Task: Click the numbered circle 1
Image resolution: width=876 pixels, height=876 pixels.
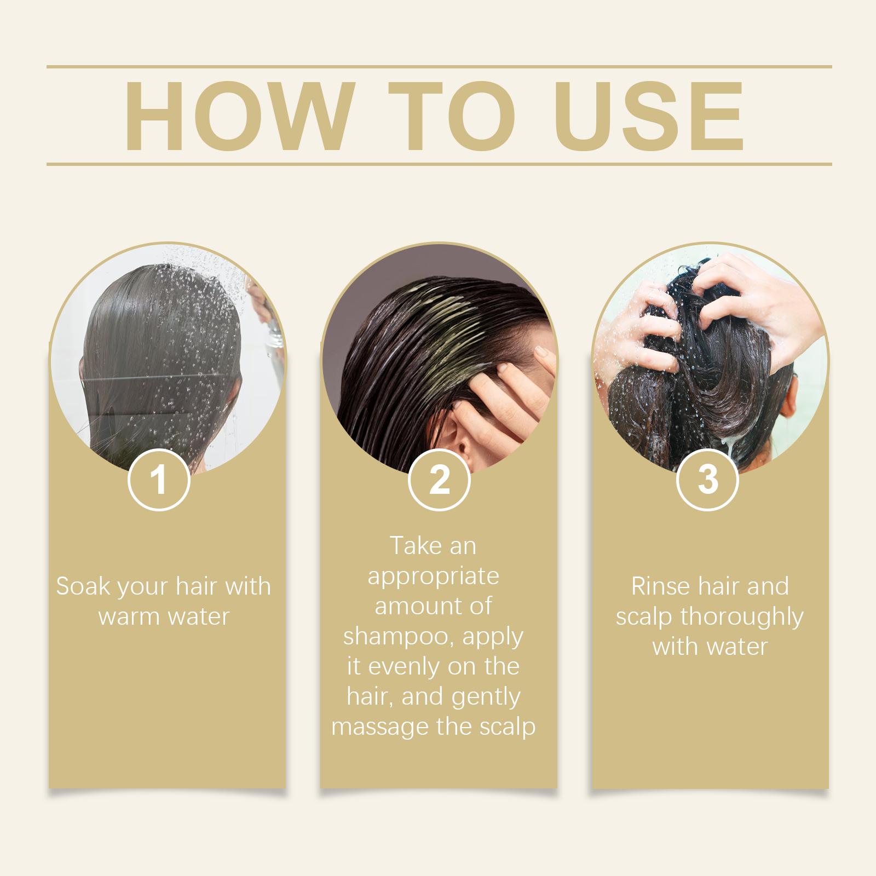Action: point(159,480)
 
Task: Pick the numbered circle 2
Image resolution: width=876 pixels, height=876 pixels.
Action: point(439,480)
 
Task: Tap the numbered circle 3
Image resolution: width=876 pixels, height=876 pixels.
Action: point(708,480)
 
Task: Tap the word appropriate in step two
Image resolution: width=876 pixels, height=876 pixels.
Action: point(433,577)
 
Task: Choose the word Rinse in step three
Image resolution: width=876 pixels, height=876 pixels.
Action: point(660,586)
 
